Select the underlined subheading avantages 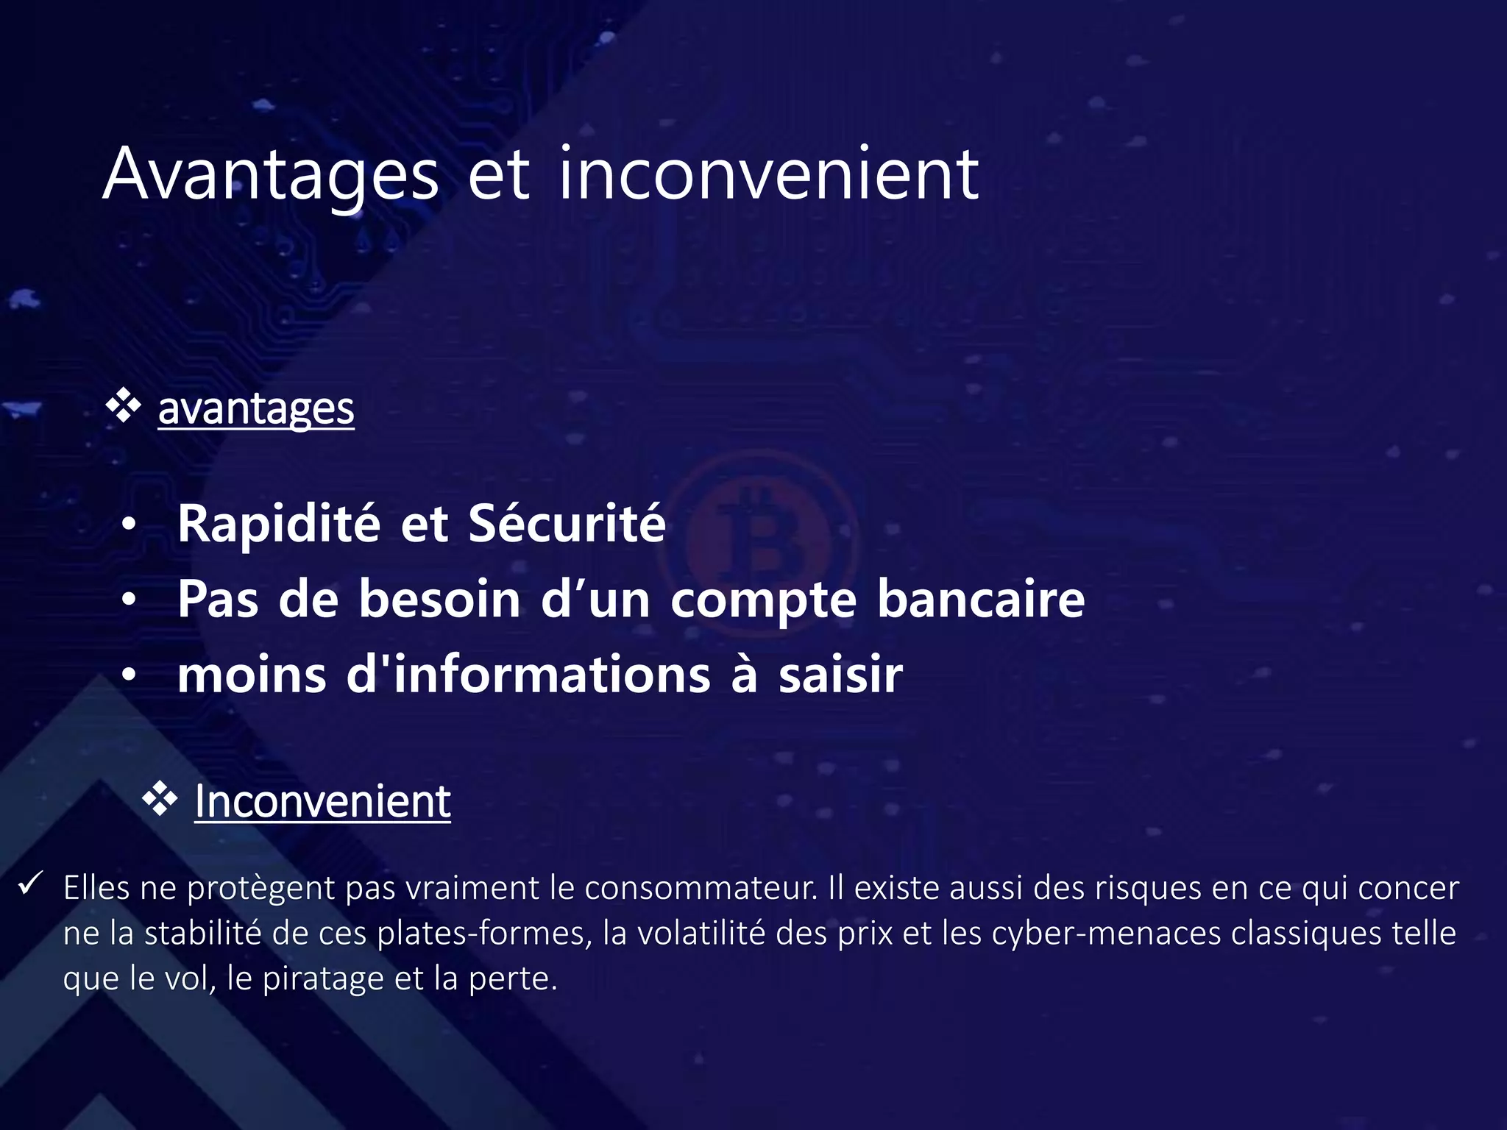click(256, 409)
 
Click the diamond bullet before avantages click(123, 407)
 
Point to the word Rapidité click(279, 524)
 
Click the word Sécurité click(567, 524)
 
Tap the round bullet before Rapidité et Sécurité click(130, 525)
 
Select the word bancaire click(980, 599)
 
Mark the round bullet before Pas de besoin click(130, 600)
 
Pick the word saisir click(840, 675)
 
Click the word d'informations click(528, 675)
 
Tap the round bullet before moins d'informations click(130, 675)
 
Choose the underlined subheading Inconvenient click(322, 801)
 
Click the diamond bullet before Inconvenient click(160, 800)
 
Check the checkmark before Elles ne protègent click(32, 884)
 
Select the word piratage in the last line click(324, 979)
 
